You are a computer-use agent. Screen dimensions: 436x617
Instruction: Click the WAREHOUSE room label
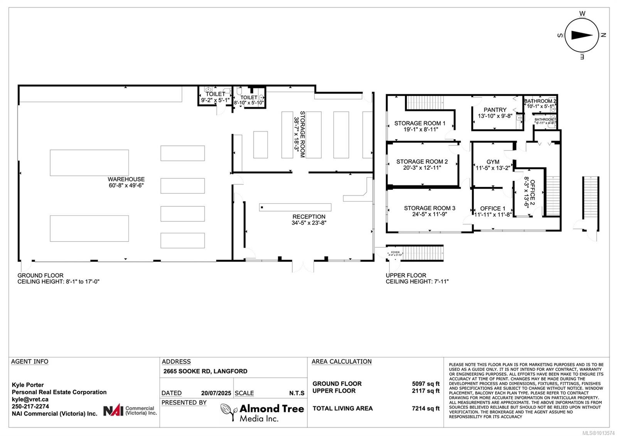pos(126,179)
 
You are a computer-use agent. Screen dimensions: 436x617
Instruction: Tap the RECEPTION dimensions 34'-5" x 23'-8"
pos(309,223)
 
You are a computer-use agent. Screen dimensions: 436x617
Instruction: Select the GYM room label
pos(492,162)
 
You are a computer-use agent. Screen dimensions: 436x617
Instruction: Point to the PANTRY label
pos(495,110)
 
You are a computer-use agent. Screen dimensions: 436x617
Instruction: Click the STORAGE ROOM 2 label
pos(422,161)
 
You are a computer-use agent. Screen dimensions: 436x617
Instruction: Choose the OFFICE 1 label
pos(492,208)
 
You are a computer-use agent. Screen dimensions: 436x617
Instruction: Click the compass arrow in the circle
pos(582,35)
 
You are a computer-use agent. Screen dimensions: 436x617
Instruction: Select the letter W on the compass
pos(582,14)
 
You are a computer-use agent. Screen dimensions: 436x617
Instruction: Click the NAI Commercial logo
pos(130,410)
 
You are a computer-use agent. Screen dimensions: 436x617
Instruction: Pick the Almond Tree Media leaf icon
pos(229,412)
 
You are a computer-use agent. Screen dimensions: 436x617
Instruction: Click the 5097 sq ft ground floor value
pos(426,384)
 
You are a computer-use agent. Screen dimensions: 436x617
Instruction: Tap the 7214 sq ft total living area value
pos(426,408)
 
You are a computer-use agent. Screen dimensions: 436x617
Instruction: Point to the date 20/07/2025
pos(216,393)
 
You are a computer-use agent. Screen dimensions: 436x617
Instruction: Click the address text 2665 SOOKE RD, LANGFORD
pos(205,371)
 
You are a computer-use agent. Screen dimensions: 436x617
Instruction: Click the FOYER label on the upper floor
pos(395,252)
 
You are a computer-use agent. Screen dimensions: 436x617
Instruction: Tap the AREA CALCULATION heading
pos(341,362)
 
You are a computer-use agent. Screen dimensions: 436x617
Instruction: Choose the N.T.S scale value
pos(297,393)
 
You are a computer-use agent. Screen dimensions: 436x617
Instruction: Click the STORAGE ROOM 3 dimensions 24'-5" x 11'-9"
pos(429,214)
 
